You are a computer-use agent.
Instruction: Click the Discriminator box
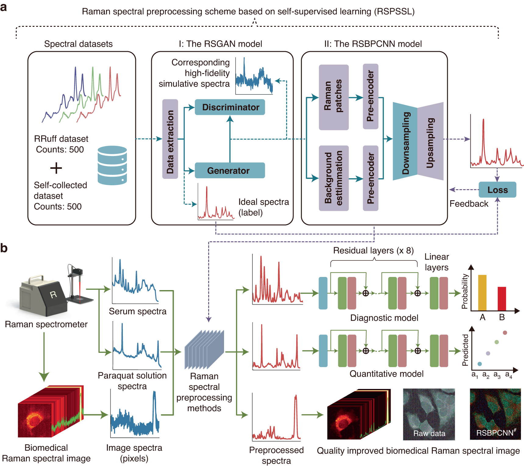230,107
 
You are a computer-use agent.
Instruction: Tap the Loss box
497,190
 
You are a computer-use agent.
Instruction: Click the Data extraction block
170,139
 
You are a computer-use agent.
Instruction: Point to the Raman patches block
333,97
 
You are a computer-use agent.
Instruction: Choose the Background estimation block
333,178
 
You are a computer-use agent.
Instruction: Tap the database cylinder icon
112,165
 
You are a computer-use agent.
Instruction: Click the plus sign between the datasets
56,168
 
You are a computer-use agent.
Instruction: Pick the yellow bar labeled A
482,292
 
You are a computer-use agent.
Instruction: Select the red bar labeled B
502,299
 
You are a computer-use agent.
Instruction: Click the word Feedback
469,204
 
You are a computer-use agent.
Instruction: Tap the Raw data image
429,414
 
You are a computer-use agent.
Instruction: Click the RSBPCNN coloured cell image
495,414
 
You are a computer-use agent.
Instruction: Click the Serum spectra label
137,311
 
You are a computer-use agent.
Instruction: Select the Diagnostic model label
384,318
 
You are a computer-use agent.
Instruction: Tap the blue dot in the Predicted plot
479,364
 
